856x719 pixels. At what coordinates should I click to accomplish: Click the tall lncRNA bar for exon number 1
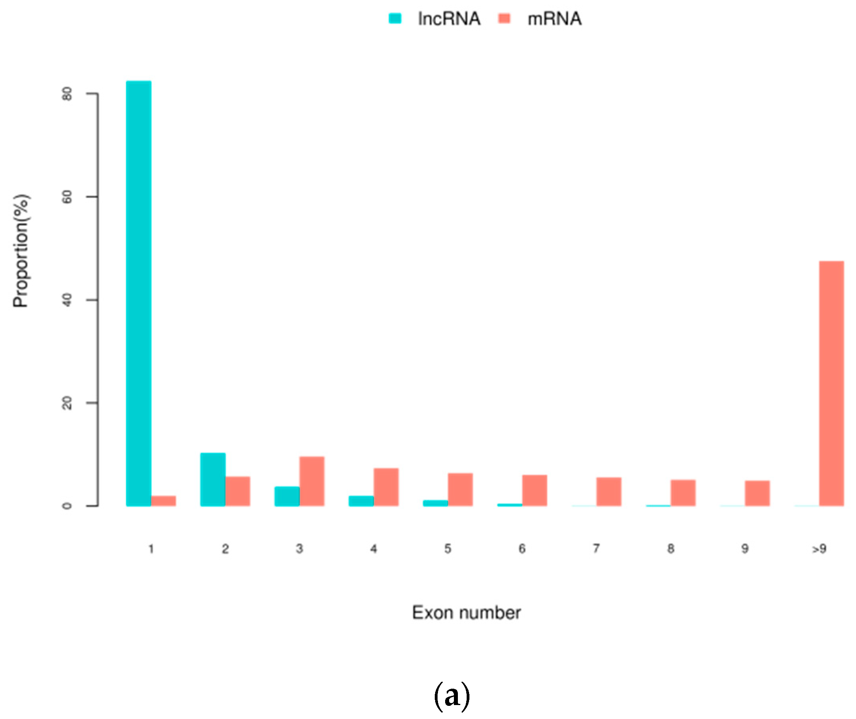[139, 294]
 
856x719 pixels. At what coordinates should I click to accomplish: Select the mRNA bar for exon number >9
[832, 383]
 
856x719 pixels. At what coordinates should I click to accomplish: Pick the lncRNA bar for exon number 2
[213, 480]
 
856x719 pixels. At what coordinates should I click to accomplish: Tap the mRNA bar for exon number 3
[312, 481]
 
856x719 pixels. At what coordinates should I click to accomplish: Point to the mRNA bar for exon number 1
[163, 501]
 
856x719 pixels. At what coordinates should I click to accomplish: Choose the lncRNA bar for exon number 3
[287, 496]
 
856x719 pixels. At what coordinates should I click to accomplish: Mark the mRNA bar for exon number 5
[460, 489]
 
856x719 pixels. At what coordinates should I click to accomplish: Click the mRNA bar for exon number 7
[609, 491]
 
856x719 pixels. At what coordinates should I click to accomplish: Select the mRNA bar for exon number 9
[757, 493]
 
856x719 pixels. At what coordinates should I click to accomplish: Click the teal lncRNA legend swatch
[395, 18]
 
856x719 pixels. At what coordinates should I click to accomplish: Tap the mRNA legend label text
[554, 19]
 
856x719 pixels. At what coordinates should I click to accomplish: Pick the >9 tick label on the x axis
[819, 549]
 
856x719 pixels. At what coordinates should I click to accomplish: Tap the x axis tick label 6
[522, 549]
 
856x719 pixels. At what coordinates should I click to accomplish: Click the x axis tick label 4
[374, 549]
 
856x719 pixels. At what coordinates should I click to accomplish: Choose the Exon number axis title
[466, 613]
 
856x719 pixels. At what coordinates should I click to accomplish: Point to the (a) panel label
[452, 696]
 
